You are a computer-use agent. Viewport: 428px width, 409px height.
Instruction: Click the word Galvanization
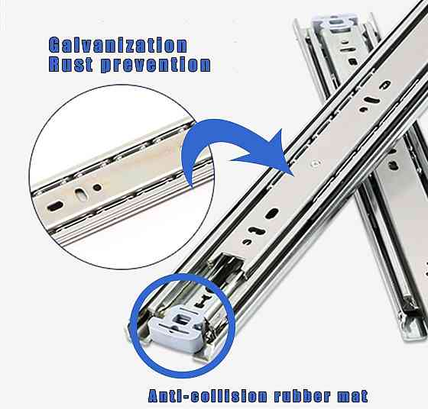[x=118, y=45]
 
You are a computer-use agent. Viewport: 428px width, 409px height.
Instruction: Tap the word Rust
[x=71, y=64]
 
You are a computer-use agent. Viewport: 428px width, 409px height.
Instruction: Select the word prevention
[x=156, y=65]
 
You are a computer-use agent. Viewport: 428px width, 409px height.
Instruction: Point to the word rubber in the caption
[x=303, y=396]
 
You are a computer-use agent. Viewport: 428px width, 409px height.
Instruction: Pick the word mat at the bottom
[x=352, y=397]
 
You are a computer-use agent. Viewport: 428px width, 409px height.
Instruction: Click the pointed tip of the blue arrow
[x=293, y=175]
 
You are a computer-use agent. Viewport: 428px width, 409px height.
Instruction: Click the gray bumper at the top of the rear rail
[x=338, y=22]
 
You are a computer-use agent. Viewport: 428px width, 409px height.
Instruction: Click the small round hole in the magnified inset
[x=97, y=187]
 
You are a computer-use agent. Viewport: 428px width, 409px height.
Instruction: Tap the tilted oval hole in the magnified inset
[x=80, y=195]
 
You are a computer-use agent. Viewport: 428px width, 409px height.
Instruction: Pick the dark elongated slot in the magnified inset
[x=55, y=206]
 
